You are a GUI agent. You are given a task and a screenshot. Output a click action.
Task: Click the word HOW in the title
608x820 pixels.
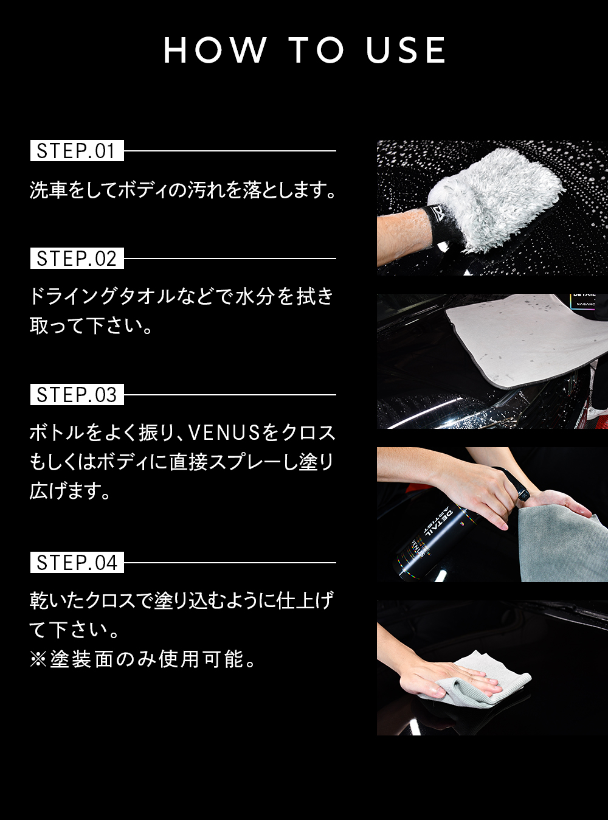point(215,50)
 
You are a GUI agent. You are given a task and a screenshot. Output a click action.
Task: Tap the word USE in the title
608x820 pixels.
point(406,50)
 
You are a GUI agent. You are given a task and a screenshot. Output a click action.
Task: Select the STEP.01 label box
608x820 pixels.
point(77,151)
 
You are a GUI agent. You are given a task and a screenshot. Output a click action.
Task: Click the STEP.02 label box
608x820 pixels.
point(77,259)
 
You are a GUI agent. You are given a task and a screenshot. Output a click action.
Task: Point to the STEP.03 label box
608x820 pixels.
point(77,395)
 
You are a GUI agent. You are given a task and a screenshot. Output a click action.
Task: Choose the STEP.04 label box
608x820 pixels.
point(77,563)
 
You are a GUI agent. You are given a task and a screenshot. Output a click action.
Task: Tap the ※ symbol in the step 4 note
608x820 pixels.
point(38,659)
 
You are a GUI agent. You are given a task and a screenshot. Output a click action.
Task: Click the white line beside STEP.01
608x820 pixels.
point(230,151)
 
